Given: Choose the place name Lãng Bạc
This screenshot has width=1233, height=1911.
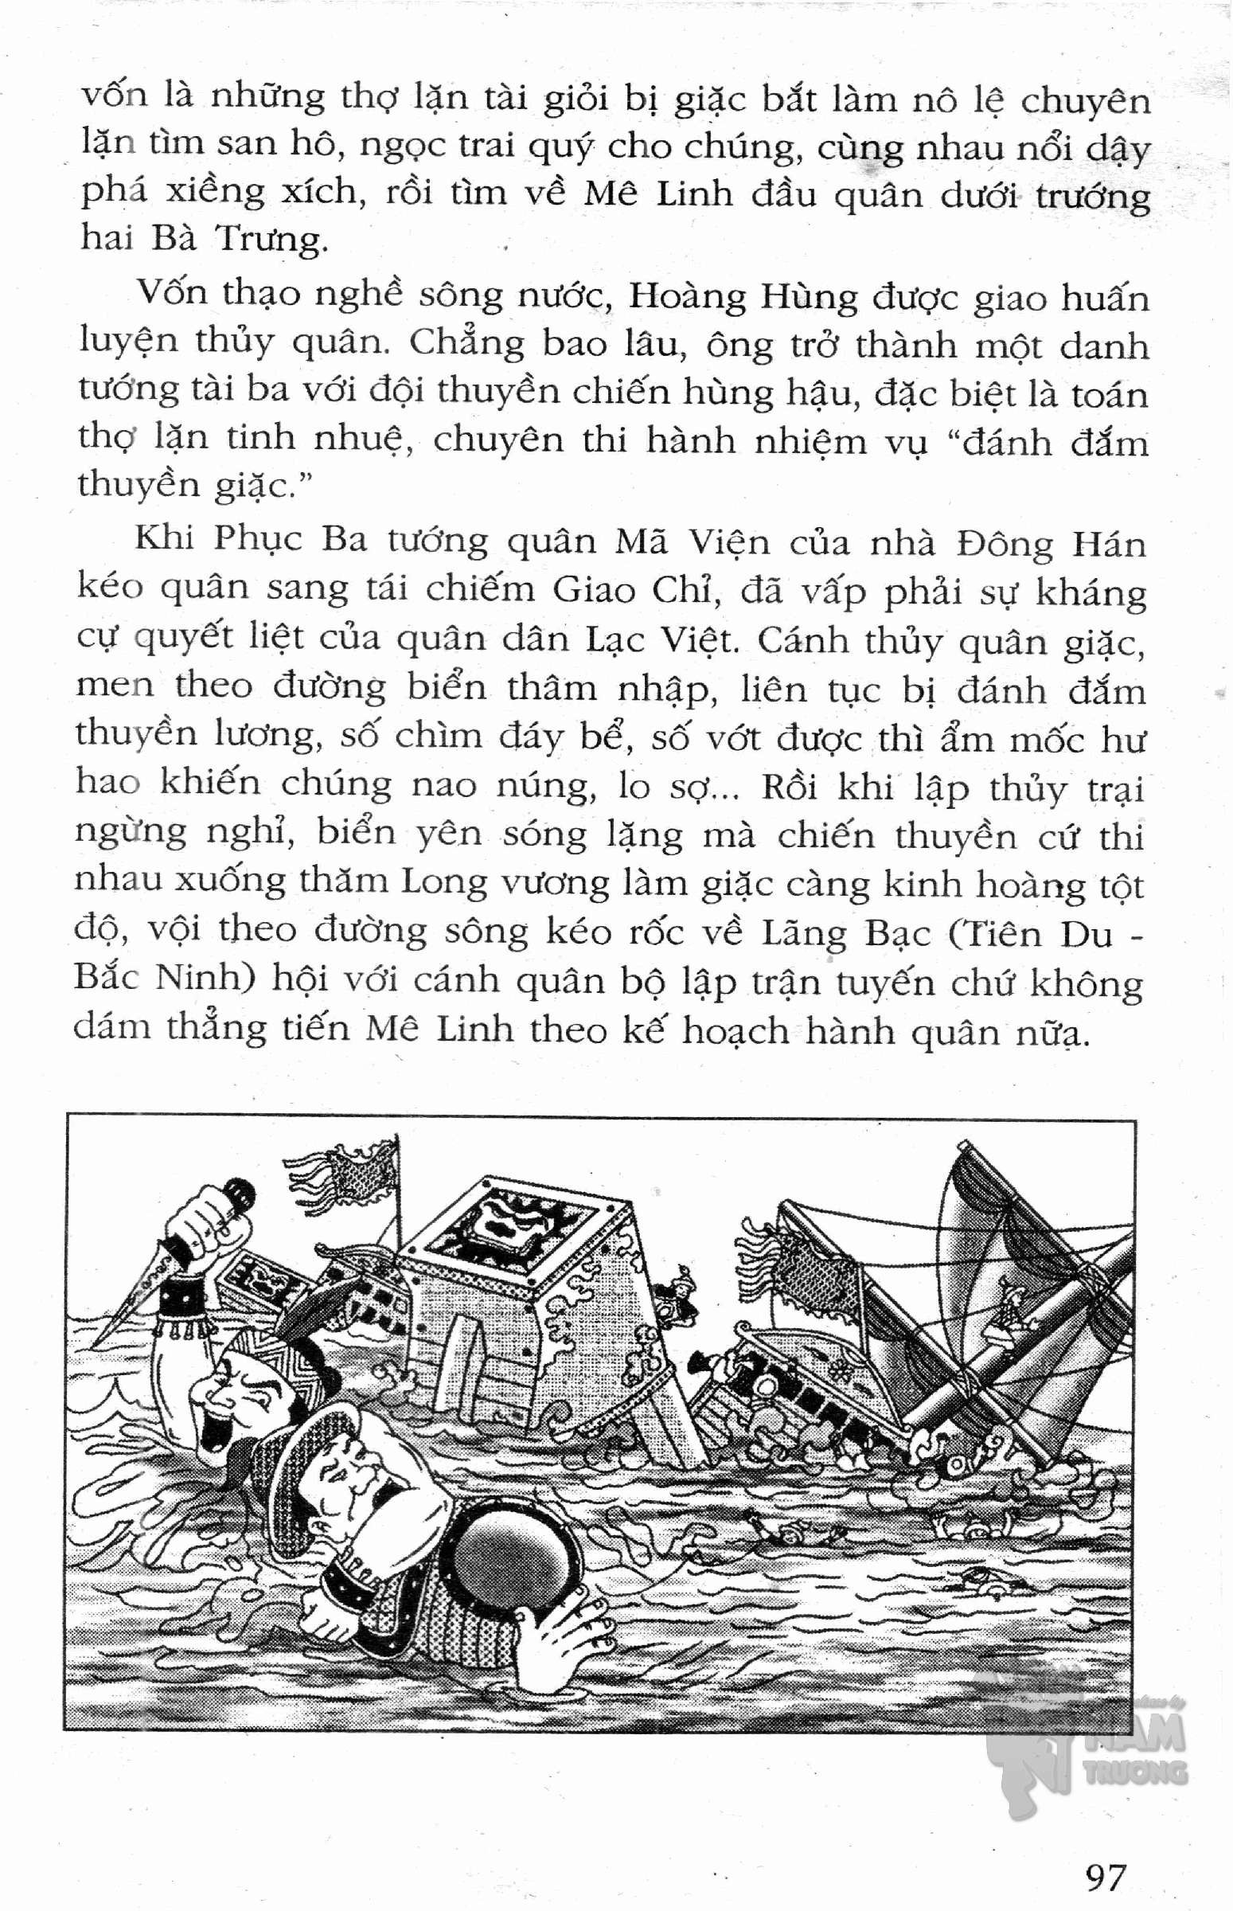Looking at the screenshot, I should [845, 934].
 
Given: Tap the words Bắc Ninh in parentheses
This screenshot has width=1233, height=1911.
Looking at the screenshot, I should [157, 980].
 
